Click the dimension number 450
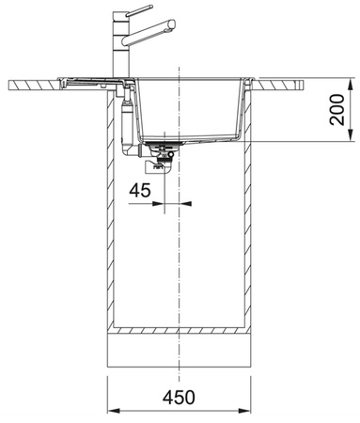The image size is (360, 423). pyautogui.click(x=179, y=397)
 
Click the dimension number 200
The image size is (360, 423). pyautogui.click(x=337, y=110)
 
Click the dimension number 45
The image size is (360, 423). pyautogui.click(x=140, y=190)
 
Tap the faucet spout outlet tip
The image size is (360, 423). pyautogui.click(x=173, y=24)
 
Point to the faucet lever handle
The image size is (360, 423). pyautogui.click(x=139, y=10)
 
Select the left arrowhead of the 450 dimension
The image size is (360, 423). pyautogui.click(x=114, y=411)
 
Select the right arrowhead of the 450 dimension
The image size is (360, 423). pyautogui.click(x=244, y=411)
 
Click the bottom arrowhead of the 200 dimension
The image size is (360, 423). pyautogui.click(x=352, y=134)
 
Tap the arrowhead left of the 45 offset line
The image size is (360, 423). pyautogui.click(x=158, y=204)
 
